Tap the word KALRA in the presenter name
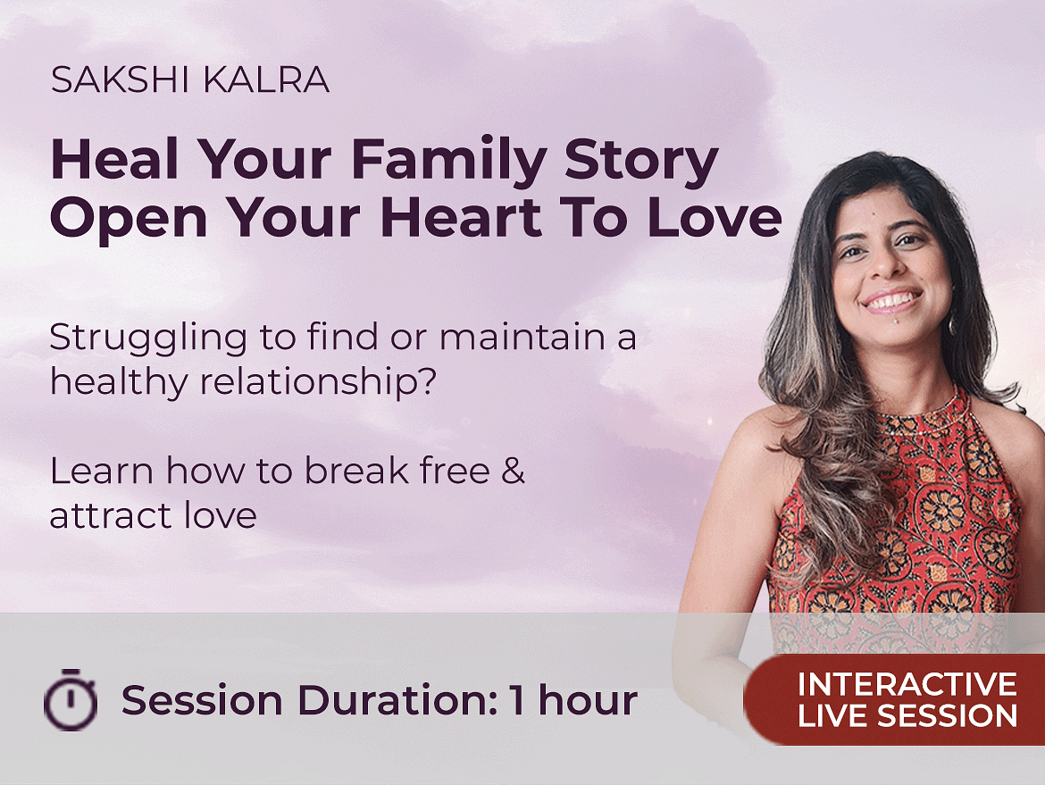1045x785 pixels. click(x=266, y=80)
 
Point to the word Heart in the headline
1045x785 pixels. click(x=461, y=218)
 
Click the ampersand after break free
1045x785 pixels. click(x=513, y=471)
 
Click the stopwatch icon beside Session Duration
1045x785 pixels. click(x=71, y=699)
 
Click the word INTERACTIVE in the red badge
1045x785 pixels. click(x=907, y=684)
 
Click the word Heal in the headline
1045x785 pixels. click(x=114, y=159)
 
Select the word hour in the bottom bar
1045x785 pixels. click(x=588, y=700)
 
